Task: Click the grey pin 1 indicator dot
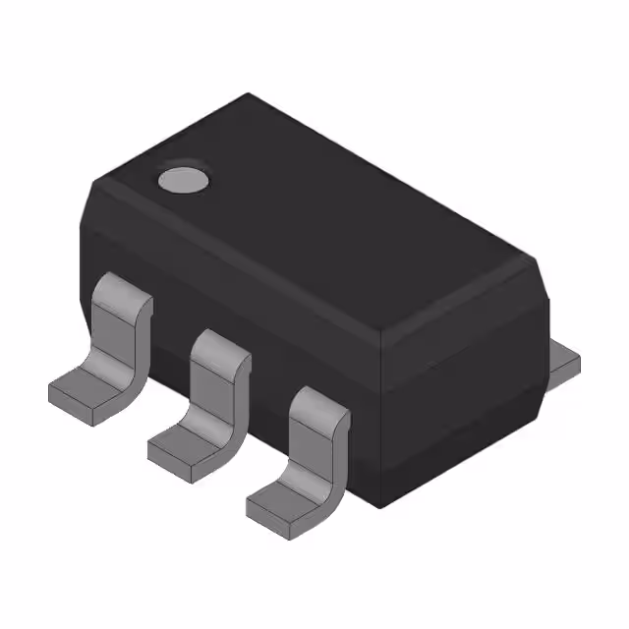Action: pos(184,179)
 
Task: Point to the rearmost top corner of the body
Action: pos(248,94)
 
